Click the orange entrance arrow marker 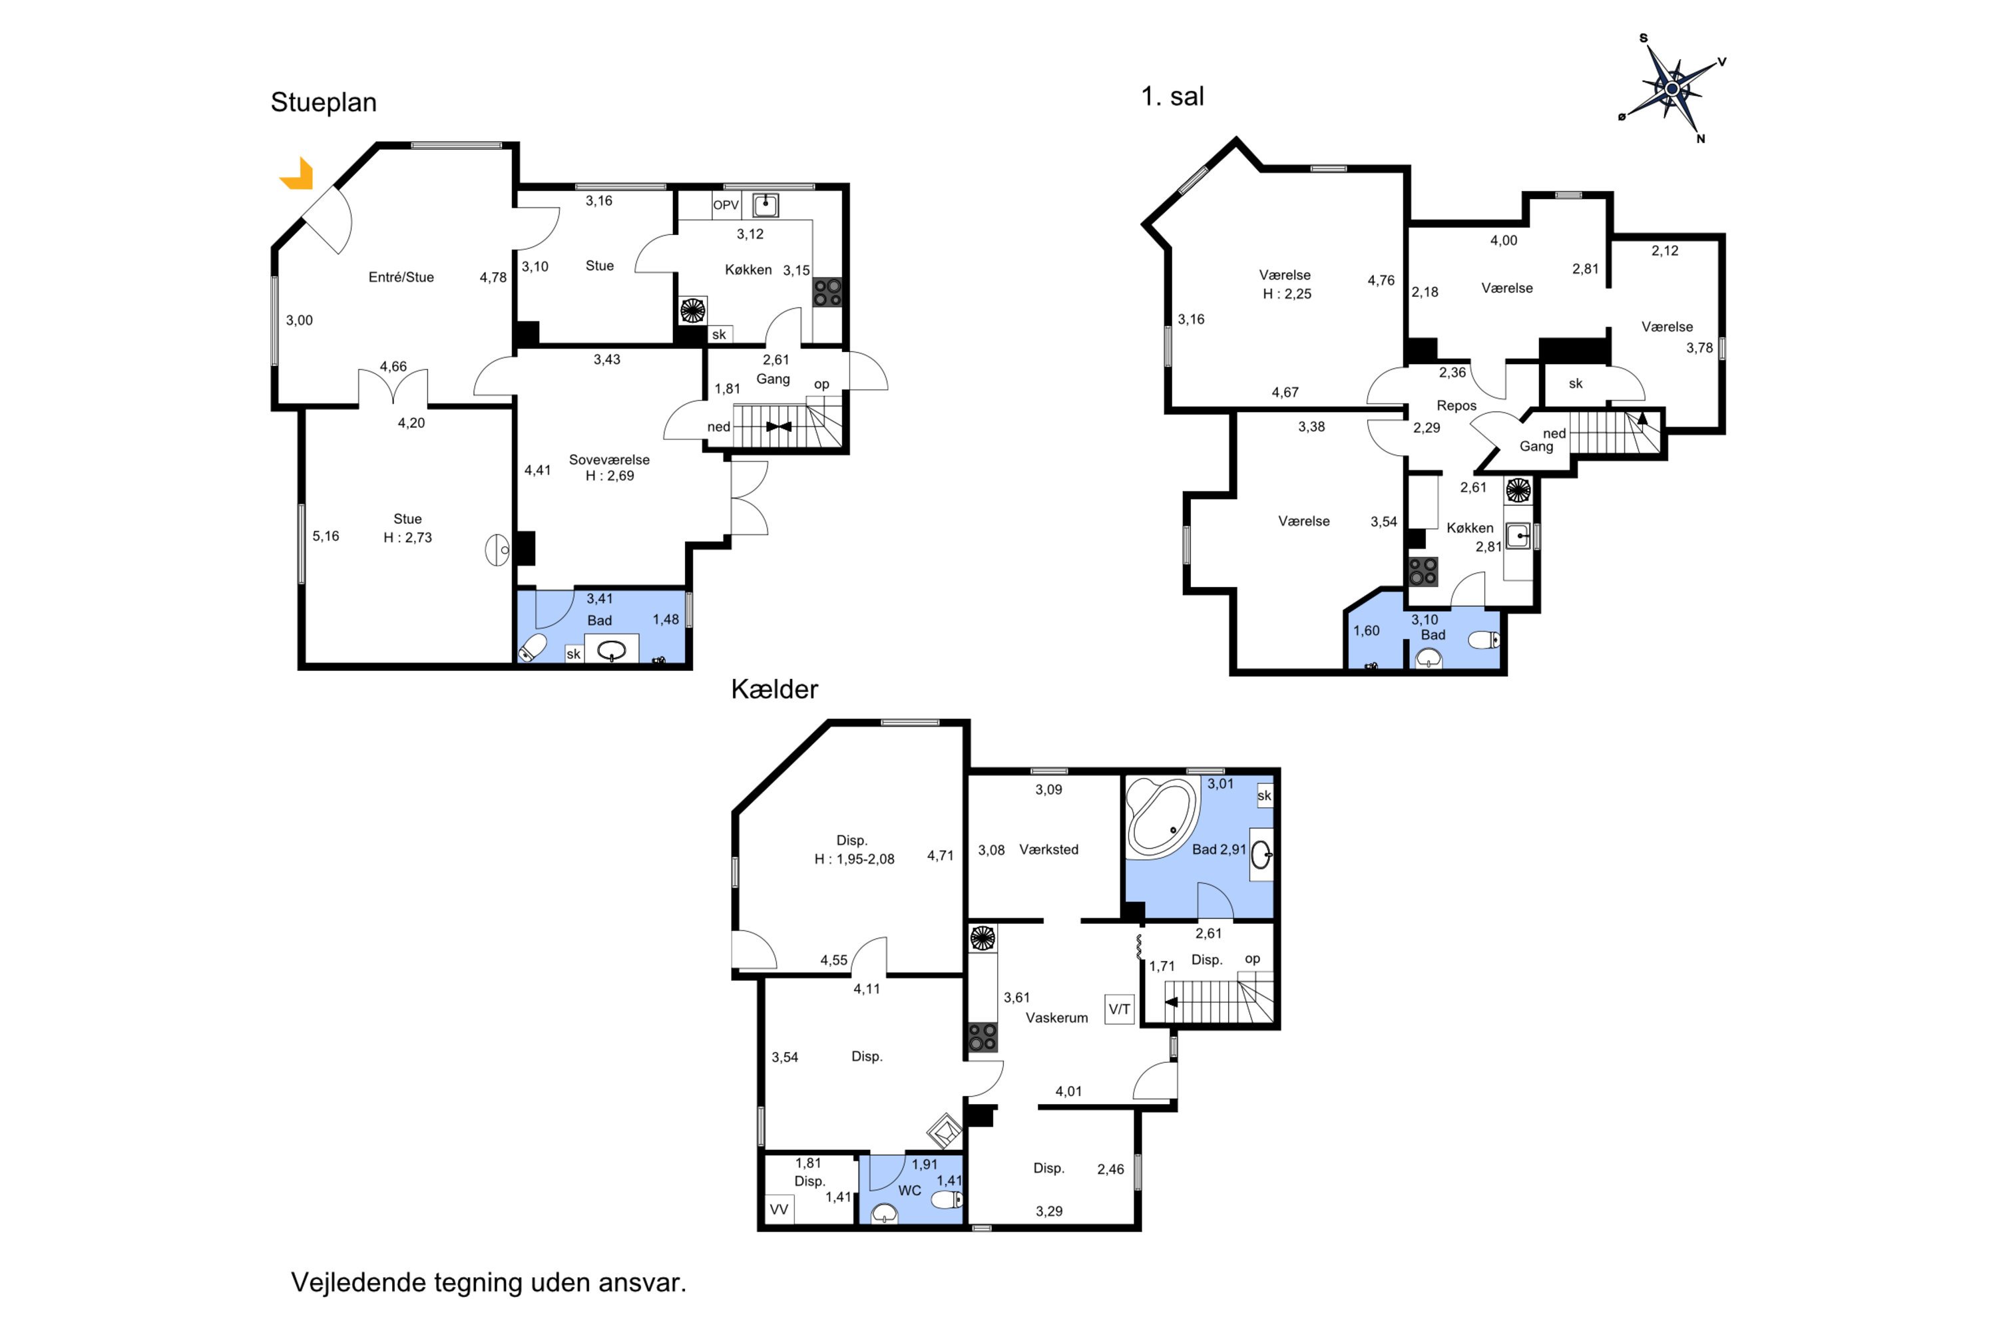coord(299,176)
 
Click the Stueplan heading coord(324,102)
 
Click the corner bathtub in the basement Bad coord(1162,815)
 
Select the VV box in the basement coord(779,1209)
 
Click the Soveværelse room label coord(609,460)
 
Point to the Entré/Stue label coord(401,278)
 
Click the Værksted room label coord(1048,850)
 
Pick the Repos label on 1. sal coord(1456,406)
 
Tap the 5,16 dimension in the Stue coord(326,536)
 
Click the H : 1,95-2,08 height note coord(854,859)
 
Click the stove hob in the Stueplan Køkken coord(827,292)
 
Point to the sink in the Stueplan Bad coord(611,650)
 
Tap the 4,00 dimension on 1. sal coord(1503,240)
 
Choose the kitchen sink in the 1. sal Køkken coord(1517,536)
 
